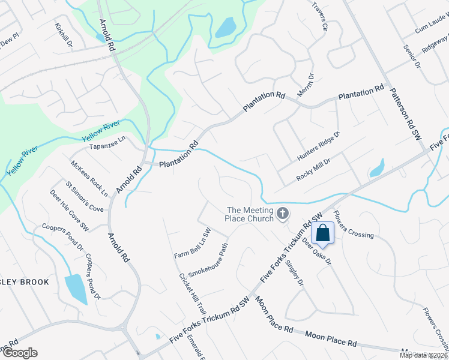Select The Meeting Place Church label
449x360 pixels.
point(250,214)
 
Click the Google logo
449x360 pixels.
point(20,353)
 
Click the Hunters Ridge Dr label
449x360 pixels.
point(319,146)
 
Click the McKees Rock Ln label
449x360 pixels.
point(89,178)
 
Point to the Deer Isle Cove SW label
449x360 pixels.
point(69,211)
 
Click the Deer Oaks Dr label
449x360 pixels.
point(316,250)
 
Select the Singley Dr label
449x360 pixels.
point(295,269)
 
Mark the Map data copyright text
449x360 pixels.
point(423,355)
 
